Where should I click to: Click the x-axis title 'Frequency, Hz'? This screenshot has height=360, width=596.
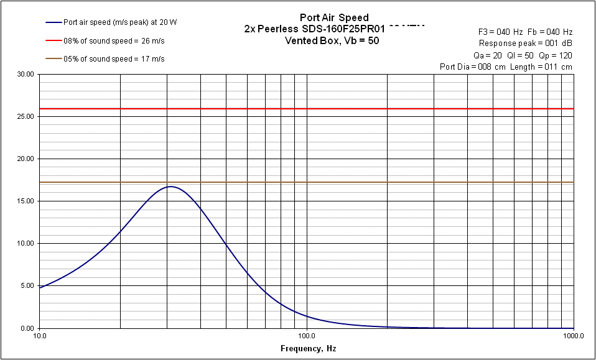click(x=308, y=349)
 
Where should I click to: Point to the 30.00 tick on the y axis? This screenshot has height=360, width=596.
click(x=27, y=75)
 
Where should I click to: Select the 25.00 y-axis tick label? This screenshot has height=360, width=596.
click(x=27, y=117)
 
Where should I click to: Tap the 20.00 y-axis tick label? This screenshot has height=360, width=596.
click(x=27, y=159)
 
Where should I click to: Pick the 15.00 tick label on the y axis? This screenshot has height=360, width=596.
click(x=27, y=201)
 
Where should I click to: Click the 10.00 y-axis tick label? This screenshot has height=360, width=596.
click(x=27, y=244)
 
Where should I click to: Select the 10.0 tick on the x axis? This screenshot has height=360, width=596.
click(x=40, y=336)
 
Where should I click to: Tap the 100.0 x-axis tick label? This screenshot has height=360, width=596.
click(x=307, y=336)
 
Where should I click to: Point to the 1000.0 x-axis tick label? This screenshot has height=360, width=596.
click(x=574, y=336)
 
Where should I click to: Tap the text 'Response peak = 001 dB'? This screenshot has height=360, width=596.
click(x=526, y=44)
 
